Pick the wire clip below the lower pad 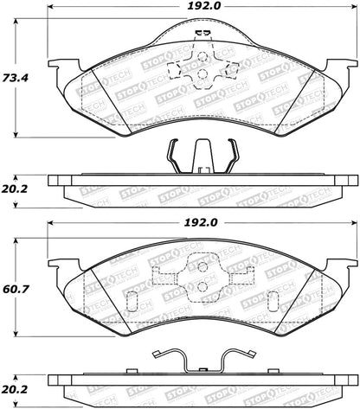[201, 359]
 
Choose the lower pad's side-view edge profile [201, 383]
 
